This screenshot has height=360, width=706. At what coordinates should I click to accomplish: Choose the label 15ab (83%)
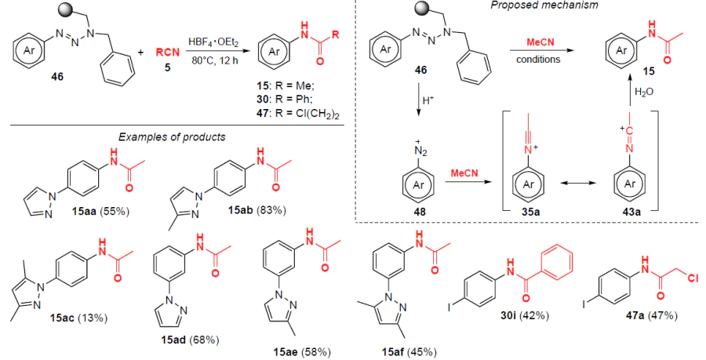pos(254,209)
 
